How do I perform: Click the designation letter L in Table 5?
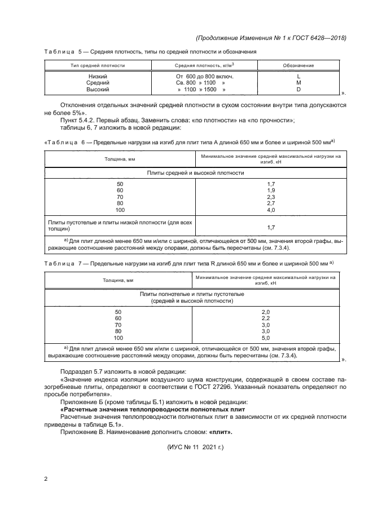pos(299,76)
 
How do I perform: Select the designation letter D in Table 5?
pos(299,90)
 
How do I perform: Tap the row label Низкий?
pos(98,76)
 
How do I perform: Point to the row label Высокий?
pos(98,90)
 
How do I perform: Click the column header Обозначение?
pos(299,65)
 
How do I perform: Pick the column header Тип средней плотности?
pos(98,65)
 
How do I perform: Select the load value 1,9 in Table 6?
pos(270,191)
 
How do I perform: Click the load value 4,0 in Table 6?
pos(270,210)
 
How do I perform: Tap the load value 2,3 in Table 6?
pos(270,197)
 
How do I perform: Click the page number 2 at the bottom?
pos(46,479)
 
